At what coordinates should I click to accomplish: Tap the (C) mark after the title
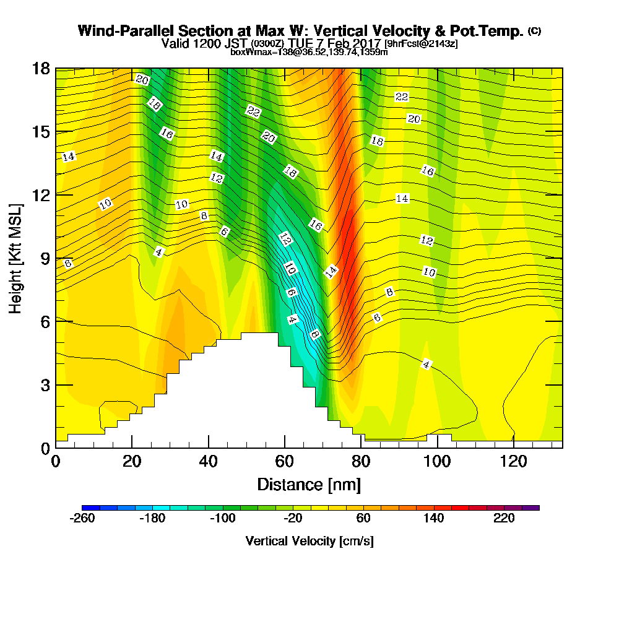534,30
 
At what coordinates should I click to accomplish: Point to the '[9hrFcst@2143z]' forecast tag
421,44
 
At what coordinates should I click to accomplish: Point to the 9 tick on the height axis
45,258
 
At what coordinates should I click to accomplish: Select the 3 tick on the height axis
45,384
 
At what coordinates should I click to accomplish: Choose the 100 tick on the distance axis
438,462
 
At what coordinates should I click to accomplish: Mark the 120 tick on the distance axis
514,462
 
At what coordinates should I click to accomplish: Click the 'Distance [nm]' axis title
309,484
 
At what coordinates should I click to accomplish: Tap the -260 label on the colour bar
82,519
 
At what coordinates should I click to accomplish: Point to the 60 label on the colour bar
363,519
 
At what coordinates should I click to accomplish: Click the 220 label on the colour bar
504,519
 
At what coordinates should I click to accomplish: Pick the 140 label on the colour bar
434,519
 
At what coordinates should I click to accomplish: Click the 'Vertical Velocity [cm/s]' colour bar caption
309,541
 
